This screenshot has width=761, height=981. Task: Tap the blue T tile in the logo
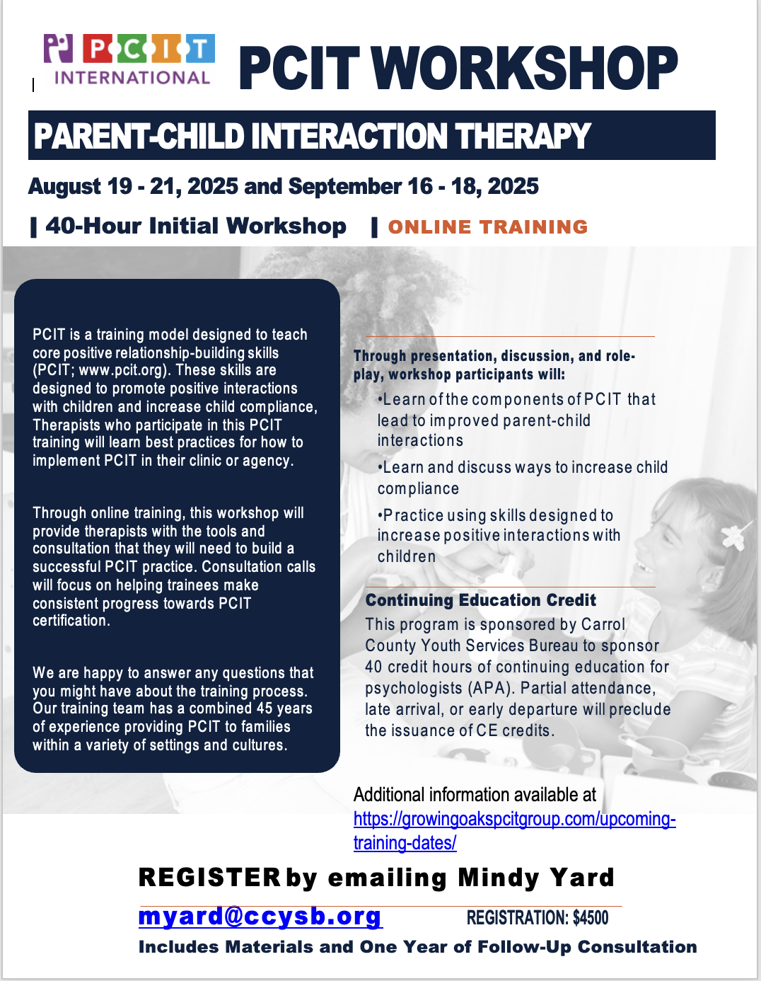200,48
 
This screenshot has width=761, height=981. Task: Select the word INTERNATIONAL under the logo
132,78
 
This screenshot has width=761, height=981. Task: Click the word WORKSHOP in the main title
525,68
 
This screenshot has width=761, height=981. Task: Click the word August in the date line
64,187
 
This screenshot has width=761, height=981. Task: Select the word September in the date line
344,186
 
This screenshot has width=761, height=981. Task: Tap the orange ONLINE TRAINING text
488,226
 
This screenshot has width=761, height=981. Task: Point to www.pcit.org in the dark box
121,370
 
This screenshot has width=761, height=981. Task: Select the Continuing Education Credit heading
480,600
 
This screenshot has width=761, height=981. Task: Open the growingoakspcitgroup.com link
515,831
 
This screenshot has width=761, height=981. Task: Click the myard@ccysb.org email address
260,917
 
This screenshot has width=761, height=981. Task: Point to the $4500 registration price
591,917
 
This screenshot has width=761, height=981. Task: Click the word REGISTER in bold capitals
210,878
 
